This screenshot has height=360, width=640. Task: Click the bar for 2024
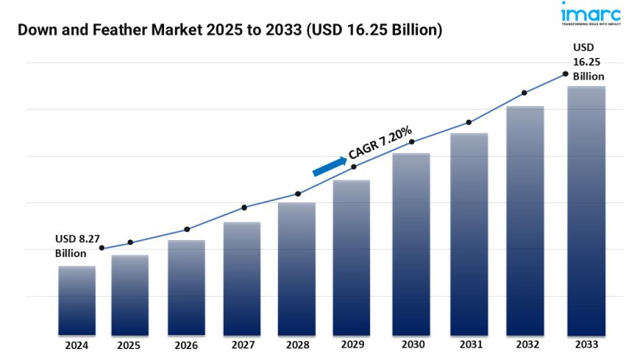[77, 300]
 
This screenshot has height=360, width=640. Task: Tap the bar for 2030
[411, 244]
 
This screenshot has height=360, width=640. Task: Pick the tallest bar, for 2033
[586, 211]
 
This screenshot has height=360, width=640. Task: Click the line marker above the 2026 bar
[187, 229]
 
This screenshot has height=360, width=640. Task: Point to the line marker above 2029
[354, 167]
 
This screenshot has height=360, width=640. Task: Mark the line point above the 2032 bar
[525, 93]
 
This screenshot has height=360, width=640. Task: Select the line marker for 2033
[565, 74]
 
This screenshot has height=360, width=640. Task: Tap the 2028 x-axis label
[298, 345]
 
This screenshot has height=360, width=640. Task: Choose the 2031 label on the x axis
[466, 345]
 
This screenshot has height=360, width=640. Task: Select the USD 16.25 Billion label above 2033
[589, 62]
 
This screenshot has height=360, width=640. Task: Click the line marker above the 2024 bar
[102, 248]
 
